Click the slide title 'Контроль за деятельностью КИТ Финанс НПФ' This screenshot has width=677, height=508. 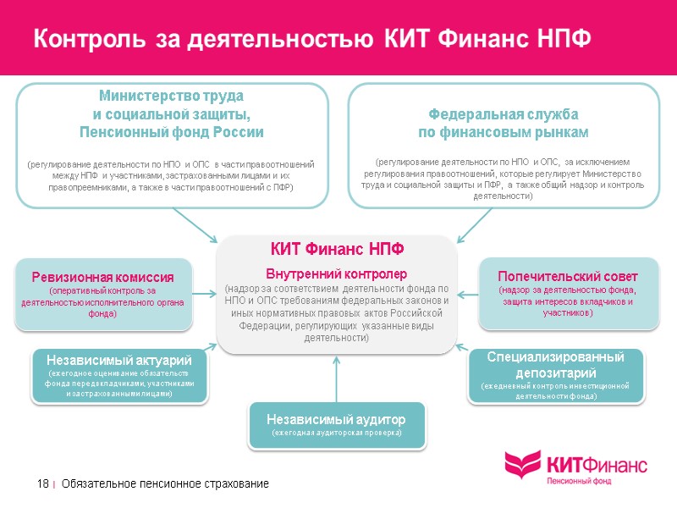click(311, 39)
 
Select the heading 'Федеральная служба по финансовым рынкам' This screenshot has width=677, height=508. click(505, 124)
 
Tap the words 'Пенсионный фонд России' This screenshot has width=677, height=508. click(172, 132)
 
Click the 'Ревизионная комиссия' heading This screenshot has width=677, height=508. click(103, 278)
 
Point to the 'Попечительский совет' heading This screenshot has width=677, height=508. click(568, 277)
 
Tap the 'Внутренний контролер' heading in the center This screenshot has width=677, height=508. click(337, 274)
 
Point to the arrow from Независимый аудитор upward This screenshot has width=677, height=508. click(337, 377)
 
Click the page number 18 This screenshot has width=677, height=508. click(42, 483)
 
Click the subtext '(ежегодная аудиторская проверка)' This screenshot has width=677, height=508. click(336, 433)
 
